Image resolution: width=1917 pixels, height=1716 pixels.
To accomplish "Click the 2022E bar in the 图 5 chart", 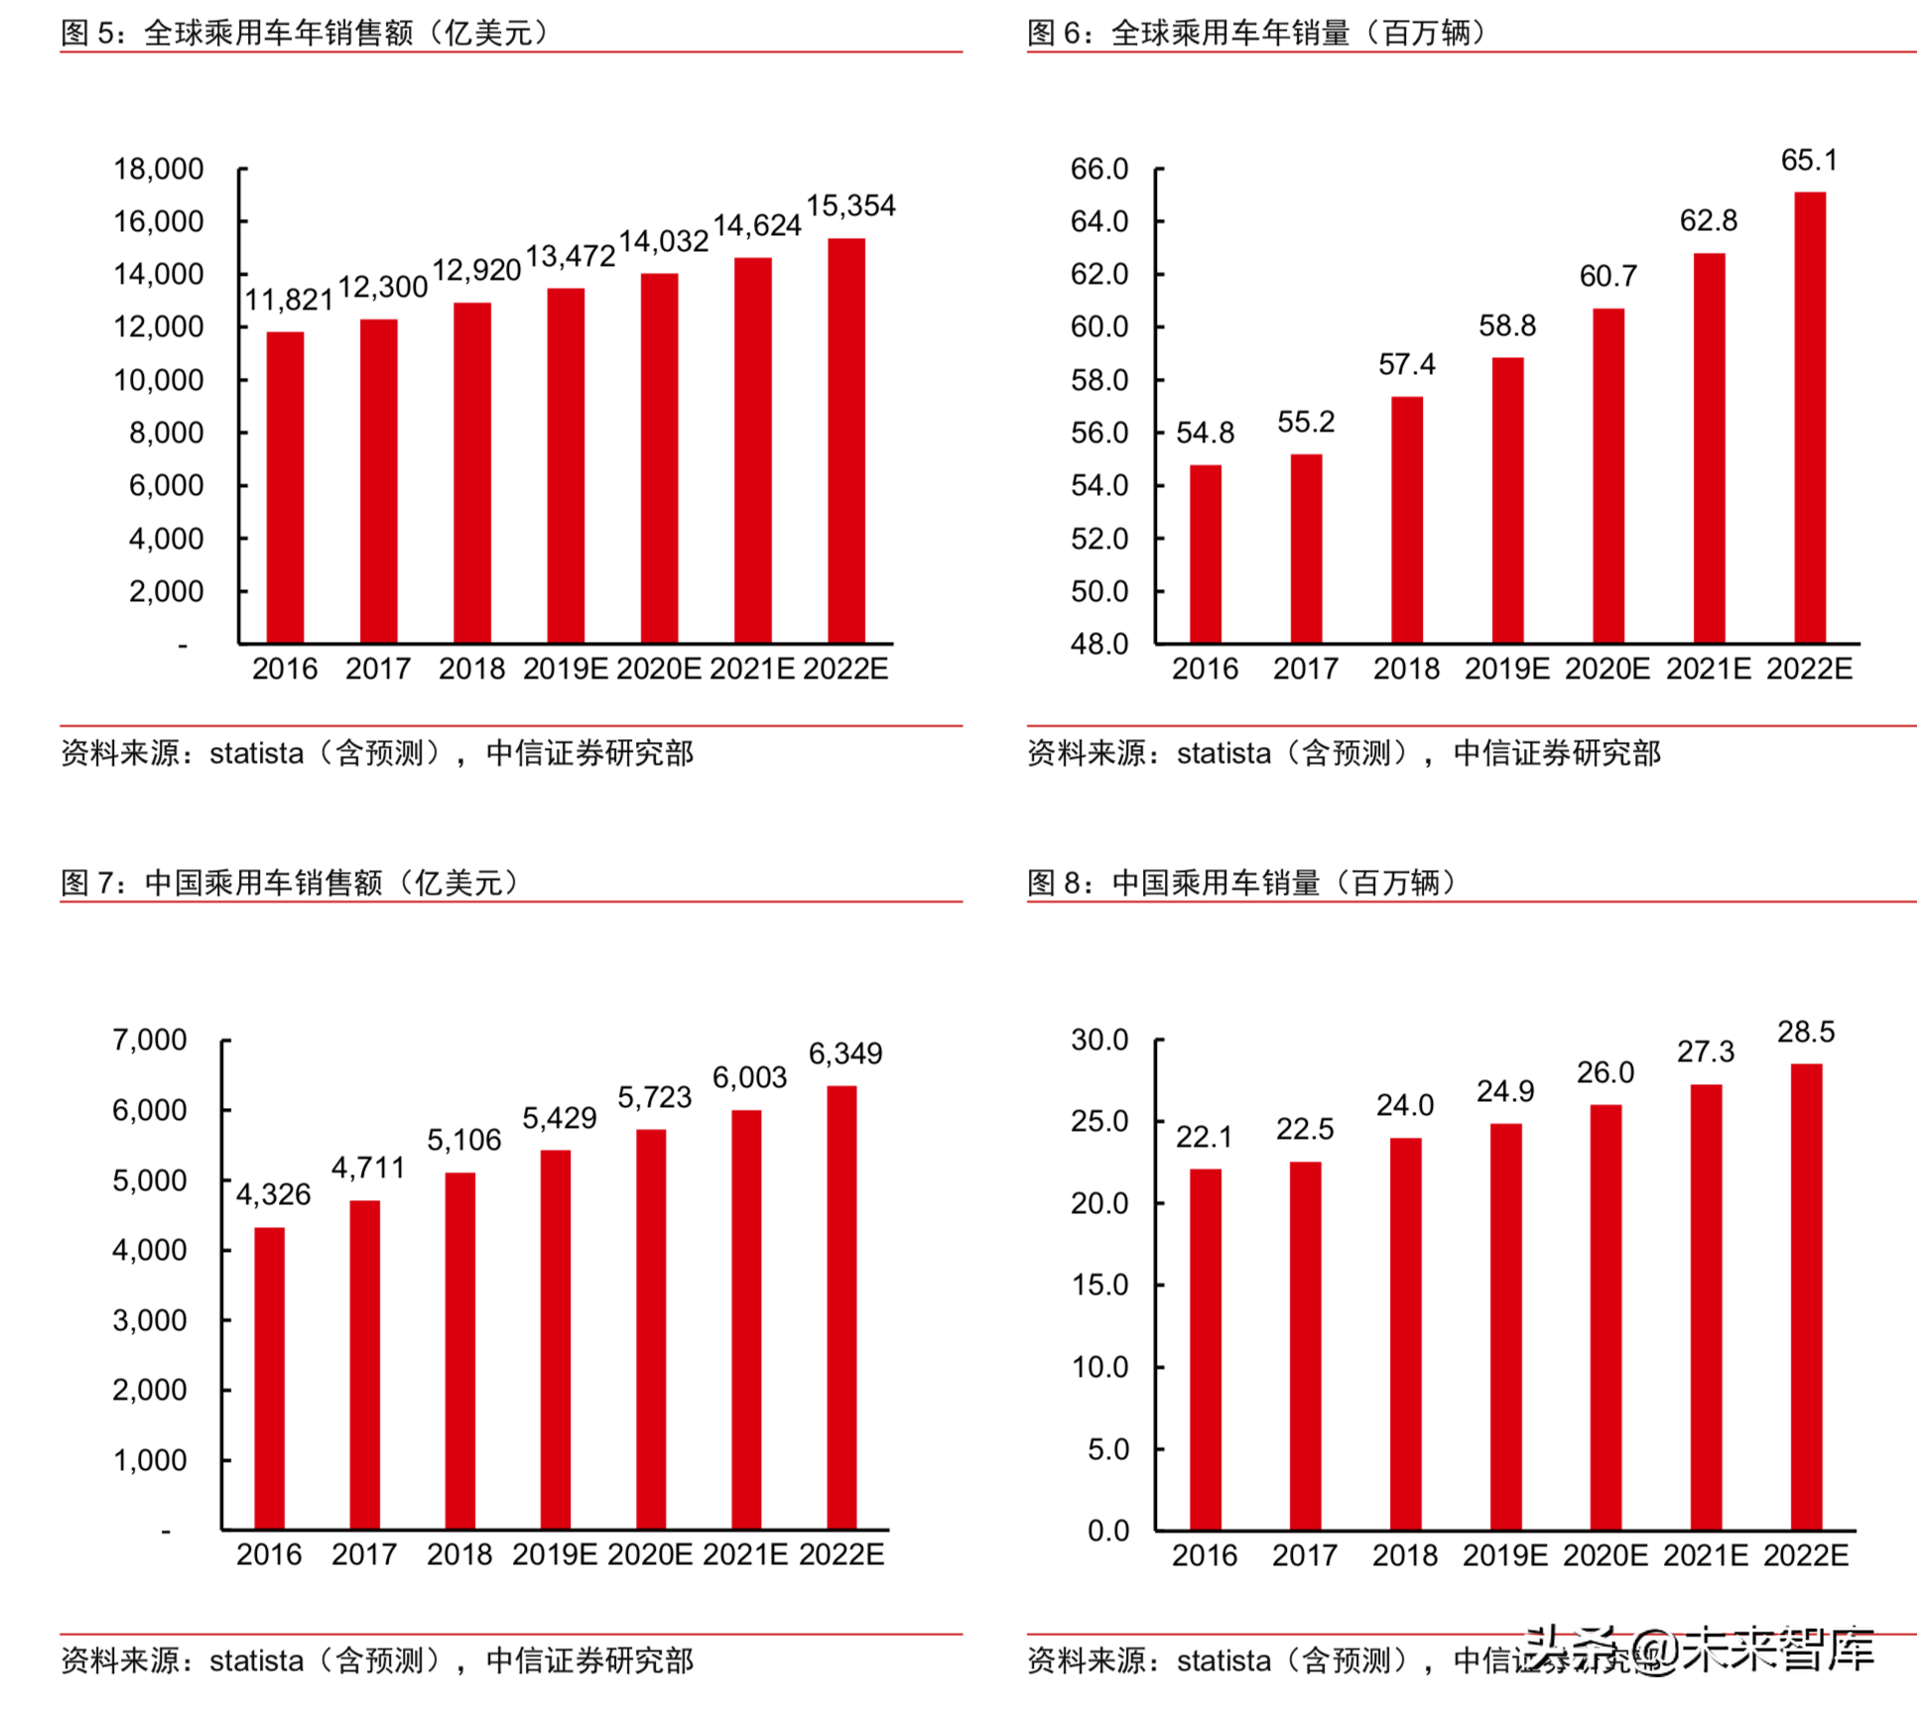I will click(x=845, y=441).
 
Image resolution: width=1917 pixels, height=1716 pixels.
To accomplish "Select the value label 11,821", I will click(x=289, y=300).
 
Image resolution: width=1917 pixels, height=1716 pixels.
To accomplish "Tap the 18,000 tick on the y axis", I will click(x=159, y=169).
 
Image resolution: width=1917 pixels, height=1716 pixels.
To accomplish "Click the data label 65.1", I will click(x=1809, y=160).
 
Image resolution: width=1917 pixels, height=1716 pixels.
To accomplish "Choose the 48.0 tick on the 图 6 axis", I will click(x=1099, y=644).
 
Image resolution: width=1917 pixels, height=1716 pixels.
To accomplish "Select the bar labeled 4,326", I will click(x=270, y=1378).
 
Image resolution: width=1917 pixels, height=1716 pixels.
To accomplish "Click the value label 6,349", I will click(x=845, y=1053).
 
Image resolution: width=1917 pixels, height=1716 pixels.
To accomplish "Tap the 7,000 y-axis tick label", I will click(x=150, y=1040).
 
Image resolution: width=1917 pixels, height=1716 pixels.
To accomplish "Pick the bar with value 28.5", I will click(x=1806, y=1296).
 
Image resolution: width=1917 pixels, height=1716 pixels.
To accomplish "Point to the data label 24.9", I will click(x=1505, y=1091).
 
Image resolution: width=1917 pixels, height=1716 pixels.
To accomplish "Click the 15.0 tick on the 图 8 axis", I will click(x=1099, y=1285).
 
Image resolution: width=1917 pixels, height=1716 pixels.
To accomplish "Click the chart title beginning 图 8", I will click(x=1240, y=882).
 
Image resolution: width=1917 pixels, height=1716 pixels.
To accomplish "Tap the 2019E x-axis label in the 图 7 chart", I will click(x=555, y=1554).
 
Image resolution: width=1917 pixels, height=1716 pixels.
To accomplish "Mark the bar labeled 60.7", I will click(x=1608, y=476).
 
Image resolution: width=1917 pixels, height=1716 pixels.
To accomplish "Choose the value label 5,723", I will click(x=654, y=1097).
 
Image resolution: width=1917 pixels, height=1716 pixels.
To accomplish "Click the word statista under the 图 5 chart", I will click(x=256, y=754).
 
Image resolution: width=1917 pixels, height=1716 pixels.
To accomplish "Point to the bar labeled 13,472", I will click(x=566, y=466).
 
